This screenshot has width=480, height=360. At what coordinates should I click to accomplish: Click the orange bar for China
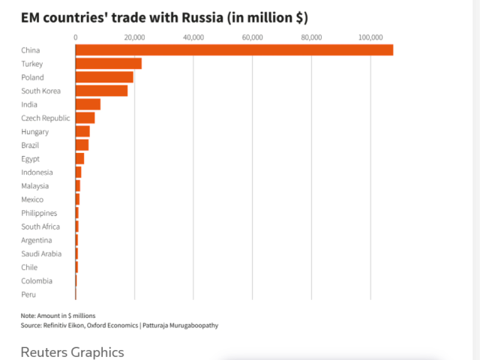[x=234, y=50]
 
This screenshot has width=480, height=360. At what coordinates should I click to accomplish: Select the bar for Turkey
[x=109, y=64]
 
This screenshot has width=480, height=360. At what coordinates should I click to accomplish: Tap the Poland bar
[x=104, y=77]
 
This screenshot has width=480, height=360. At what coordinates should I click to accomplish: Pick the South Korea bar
[x=101, y=91]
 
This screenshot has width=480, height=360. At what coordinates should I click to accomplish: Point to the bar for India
[x=88, y=104]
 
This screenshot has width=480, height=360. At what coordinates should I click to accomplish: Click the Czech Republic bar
[x=85, y=118]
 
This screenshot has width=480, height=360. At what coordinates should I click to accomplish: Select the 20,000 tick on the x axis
[x=134, y=37]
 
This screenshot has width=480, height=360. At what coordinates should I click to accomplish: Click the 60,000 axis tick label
[x=252, y=37]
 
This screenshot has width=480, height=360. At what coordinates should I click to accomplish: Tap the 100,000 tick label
[x=370, y=37]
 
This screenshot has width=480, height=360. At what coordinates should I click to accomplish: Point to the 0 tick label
[x=76, y=37]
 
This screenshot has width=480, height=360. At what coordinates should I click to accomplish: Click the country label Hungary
[x=35, y=131]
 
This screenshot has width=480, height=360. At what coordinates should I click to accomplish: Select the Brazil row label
[x=31, y=145]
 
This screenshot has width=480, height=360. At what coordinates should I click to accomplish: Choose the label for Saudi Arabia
[x=41, y=253]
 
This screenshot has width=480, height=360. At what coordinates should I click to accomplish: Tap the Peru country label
[x=28, y=294]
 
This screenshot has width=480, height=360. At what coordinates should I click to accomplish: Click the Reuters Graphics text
[x=72, y=352]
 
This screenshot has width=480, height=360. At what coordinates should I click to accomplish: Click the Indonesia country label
[x=37, y=172]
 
